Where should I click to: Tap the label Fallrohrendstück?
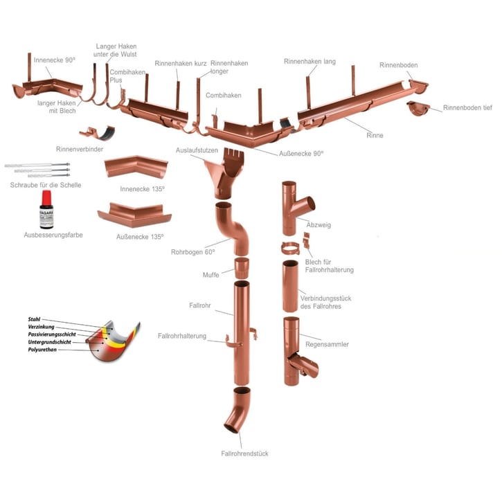point(244,454)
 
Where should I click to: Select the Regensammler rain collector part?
point(300,351)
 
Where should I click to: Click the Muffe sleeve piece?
point(242,268)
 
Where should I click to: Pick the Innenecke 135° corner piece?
point(136,167)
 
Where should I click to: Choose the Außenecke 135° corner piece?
point(134,215)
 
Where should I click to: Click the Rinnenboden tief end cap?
point(418,108)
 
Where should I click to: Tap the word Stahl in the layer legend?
point(34,319)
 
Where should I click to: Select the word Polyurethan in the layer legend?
point(42,349)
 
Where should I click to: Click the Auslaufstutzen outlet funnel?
point(225,173)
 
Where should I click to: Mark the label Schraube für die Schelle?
point(46,185)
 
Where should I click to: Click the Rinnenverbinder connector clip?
point(97,133)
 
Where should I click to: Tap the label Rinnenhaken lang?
point(310,61)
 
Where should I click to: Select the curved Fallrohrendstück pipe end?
point(237,410)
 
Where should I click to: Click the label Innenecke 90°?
point(55,60)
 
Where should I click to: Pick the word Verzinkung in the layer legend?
point(41,327)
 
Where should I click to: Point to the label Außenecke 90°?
point(301,153)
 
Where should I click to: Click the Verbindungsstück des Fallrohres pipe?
point(290,286)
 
